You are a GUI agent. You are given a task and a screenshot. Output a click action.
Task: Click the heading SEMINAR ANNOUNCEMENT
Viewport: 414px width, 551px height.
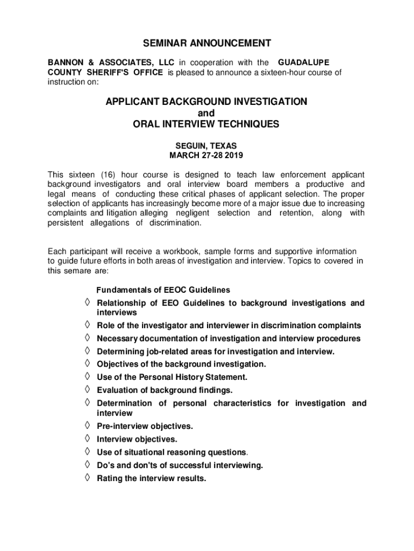pyautogui.click(x=206, y=43)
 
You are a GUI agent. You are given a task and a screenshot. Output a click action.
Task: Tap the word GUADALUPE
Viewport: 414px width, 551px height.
pyautogui.click(x=304, y=63)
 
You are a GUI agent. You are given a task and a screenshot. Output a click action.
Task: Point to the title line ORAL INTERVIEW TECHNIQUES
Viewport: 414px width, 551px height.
pyautogui.click(x=206, y=124)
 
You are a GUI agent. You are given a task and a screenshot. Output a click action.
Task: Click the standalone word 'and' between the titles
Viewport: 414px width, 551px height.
pyautogui.click(x=206, y=113)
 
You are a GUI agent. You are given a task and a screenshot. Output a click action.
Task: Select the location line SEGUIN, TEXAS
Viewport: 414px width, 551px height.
pyautogui.click(x=206, y=146)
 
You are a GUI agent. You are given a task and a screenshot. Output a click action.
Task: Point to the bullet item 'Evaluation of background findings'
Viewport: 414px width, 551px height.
pyautogui.click(x=165, y=390)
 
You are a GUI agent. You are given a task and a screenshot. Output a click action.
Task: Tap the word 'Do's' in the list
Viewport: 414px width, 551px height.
pyautogui.click(x=105, y=465)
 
